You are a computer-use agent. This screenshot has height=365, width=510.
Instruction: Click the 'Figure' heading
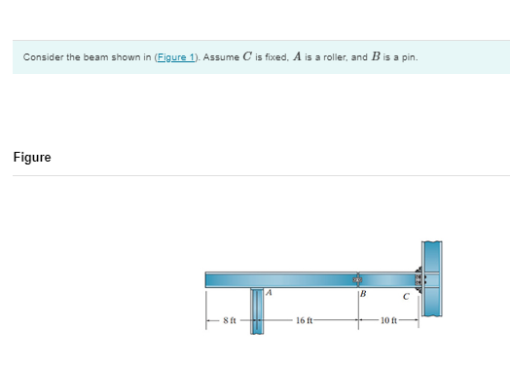(32, 158)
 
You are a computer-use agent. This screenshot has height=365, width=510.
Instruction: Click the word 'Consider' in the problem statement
(40, 56)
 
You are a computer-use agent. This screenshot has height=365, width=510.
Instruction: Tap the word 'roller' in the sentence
(329, 56)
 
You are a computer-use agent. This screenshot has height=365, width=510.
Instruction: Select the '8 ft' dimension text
(230, 319)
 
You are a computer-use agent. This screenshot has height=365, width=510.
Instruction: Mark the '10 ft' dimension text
(389, 319)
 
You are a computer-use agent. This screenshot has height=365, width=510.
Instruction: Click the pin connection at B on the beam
(358, 279)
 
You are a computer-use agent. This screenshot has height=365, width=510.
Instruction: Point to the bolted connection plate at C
(421, 279)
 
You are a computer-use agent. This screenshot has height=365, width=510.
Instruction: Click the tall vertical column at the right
(432, 276)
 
